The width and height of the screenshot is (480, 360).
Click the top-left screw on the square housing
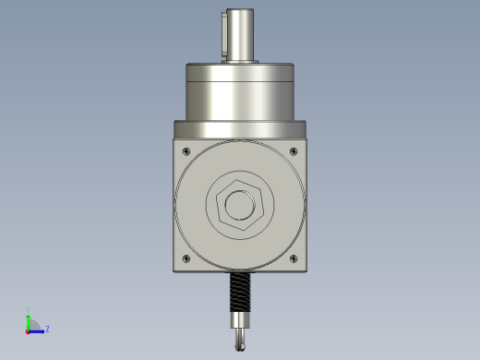click(x=187, y=150)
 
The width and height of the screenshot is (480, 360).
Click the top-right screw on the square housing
click(x=294, y=150)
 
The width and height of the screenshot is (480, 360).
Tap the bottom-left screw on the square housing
click(x=187, y=258)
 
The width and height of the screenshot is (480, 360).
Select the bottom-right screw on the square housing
click(x=294, y=258)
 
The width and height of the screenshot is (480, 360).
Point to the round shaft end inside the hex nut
click(x=240, y=204)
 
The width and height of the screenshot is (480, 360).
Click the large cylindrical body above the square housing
click(x=240, y=92)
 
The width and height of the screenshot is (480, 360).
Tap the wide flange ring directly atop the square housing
click(x=240, y=129)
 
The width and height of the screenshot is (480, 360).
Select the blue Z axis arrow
click(x=38, y=330)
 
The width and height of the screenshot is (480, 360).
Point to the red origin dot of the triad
click(x=28, y=330)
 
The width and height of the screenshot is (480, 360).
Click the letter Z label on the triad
click(x=47, y=329)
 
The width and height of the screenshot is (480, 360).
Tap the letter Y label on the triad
click(x=29, y=310)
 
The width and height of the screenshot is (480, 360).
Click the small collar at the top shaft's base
click(x=240, y=62)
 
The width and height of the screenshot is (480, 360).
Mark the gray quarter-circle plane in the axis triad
click(x=32, y=326)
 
